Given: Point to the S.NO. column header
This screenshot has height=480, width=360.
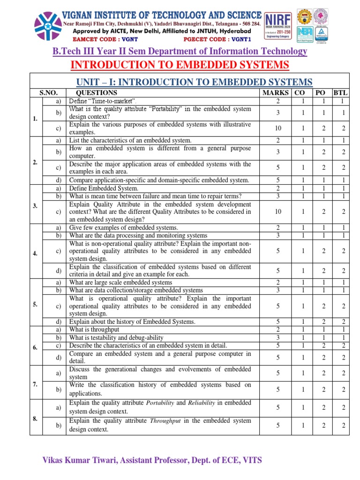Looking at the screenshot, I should click(x=41, y=93).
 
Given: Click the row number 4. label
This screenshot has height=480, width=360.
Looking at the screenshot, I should click(x=36, y=254).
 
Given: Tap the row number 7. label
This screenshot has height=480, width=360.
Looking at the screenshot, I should click(x=36, y=384).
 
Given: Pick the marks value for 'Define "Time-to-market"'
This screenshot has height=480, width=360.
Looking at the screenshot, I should click(x=278, y=101).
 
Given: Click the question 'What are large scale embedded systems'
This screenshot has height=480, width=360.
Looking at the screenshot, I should click(x=120, y=283).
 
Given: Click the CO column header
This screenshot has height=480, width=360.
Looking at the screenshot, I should click(x=303, y=93).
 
